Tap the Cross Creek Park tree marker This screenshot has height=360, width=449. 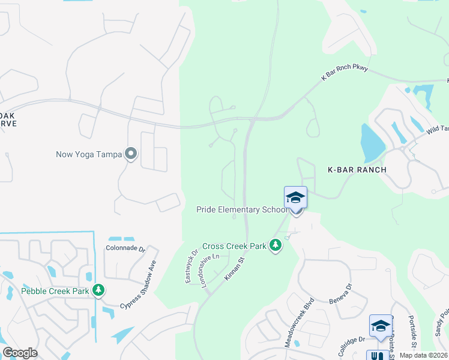pyautogui.click(x=276, y=245)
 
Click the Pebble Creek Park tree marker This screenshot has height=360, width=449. pyautogui.click(x=98, y=291)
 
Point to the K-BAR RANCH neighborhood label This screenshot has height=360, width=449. pyautogui.click(x=357, y=170)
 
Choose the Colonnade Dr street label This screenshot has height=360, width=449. pyautogui.click(x=125, y=248)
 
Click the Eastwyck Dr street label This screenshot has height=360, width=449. pyautogui.click(x=191, y=267)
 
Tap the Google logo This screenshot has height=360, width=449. pyautogui.click(x=20, y=353)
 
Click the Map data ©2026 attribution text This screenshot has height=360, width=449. pyautogui.click(x=423, y=355)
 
